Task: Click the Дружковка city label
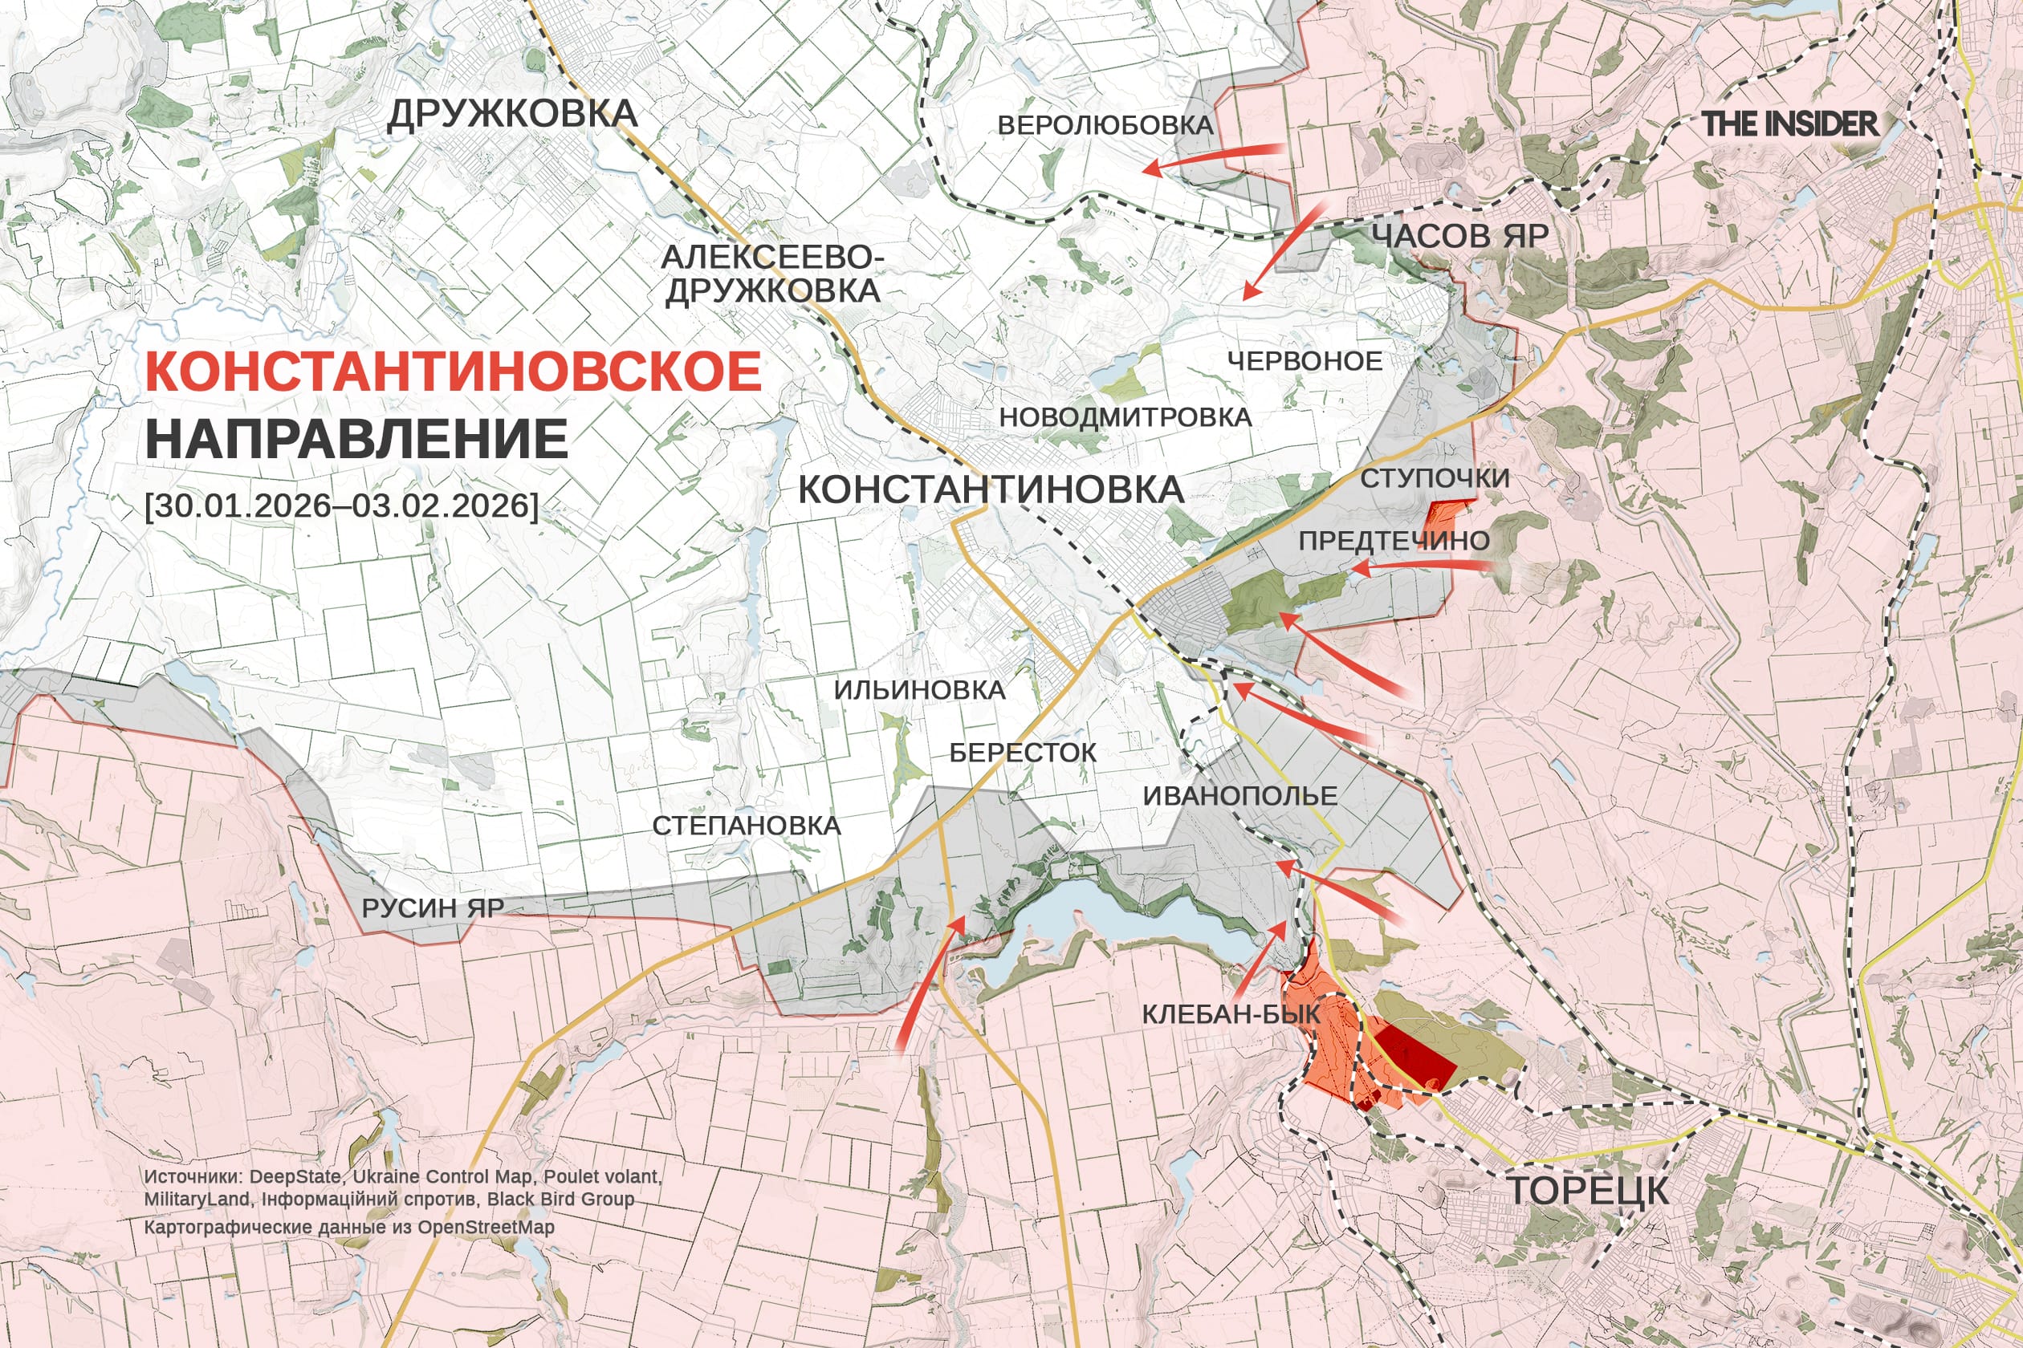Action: [512, 114]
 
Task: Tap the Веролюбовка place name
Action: [1105, 125]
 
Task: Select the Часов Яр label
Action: [1459, 236]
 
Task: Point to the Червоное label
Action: [1304, 361]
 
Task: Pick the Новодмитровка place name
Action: [1124, 418]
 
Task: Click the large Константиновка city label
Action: [991, 490]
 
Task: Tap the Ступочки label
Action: [1435, 479]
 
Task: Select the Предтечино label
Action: [1394, 541]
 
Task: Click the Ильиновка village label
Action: [918, 690]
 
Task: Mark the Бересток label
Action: [1023, 753]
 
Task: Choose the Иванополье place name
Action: [1239, 796]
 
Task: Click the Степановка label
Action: [746, 826]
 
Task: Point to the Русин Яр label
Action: [433, 908]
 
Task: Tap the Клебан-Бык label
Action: [1230, 1014]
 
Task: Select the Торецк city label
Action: [1588, 1192]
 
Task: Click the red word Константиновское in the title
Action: [454, 372]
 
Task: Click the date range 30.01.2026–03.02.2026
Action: [341, 505]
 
